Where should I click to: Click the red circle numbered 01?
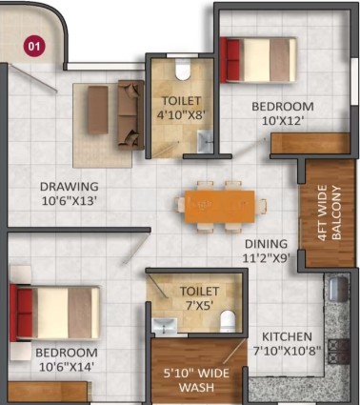click(34, 47)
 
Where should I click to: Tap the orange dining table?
click(220, 207)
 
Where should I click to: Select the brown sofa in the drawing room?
click(130, 114)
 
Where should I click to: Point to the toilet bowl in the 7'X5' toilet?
click(228, 321)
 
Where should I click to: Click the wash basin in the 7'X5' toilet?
click(164, 326)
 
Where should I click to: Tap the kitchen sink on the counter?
click(337, 289)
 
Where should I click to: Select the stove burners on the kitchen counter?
click(338, 352)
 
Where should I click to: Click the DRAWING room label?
click(70, 187)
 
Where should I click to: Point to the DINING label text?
click(266, 244)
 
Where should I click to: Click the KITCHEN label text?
click(287, 336)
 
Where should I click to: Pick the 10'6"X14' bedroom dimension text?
click(67, 367)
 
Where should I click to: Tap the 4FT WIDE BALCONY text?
click(329, 213)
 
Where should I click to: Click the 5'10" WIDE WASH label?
click(196, 380)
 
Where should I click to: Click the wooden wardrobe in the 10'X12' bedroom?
click(310, 143)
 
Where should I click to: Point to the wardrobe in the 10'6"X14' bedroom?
click(48, 392)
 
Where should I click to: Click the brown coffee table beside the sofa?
click(98, 110)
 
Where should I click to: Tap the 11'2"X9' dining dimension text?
click(266, 258)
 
